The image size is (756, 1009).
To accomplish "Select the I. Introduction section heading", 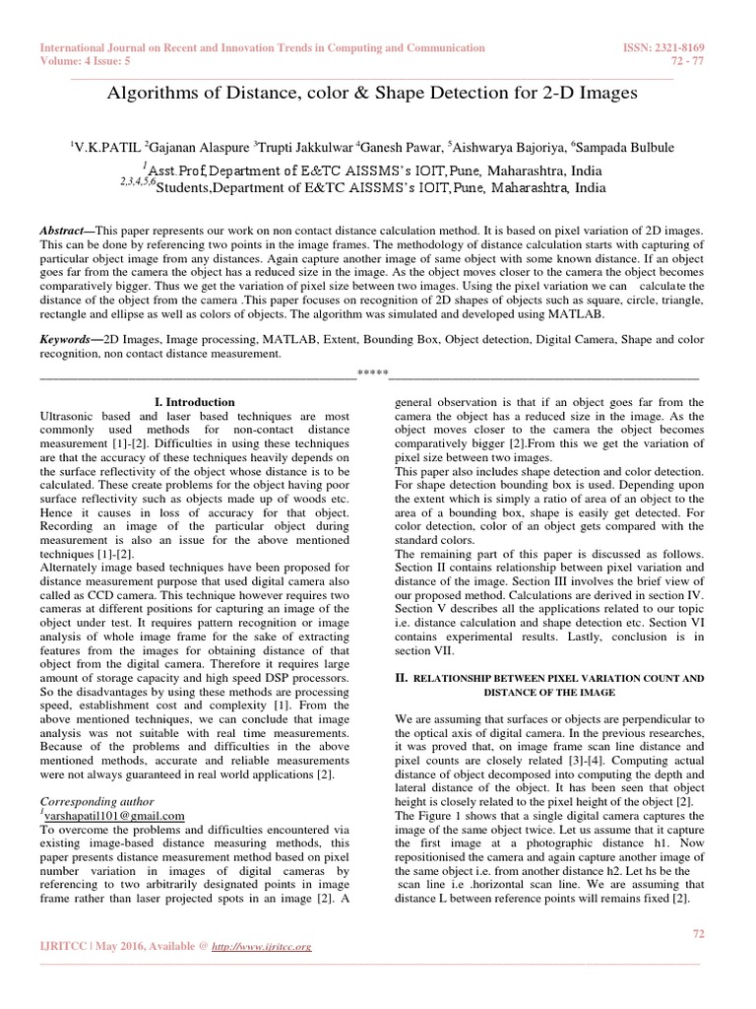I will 195,402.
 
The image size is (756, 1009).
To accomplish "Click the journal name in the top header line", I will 262,47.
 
